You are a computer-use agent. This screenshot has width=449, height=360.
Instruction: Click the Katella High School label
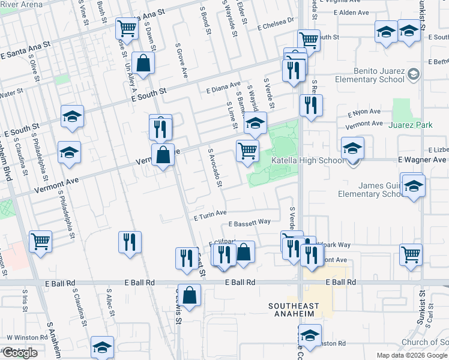tap(309, 160)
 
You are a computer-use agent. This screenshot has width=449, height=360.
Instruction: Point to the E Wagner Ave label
tap(422, 160)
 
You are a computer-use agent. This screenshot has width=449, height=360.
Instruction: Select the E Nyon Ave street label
tap(364, 112)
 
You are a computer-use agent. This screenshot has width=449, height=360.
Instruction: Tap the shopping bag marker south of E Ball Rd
tap(189, 295)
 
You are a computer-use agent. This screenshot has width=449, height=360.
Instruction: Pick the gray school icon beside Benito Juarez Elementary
tap(413, 74)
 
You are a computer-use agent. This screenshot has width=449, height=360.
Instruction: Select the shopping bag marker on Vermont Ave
tap(163, 155)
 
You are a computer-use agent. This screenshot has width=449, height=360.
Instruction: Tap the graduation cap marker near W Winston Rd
tap(102, 347)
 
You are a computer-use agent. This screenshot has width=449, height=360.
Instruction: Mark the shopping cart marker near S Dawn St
tap(127, 27)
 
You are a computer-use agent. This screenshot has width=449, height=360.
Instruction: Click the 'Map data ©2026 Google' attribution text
tap(412, 355)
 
